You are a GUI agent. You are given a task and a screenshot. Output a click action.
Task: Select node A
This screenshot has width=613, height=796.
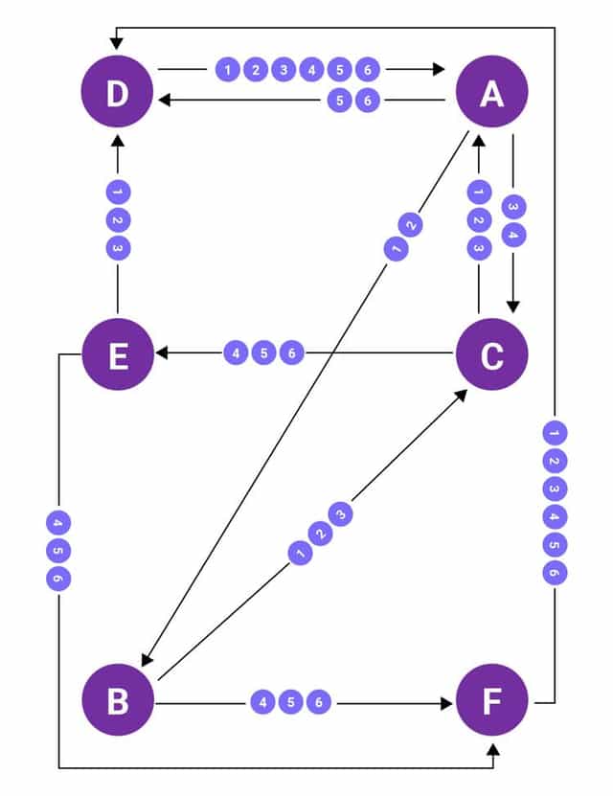[491, 93]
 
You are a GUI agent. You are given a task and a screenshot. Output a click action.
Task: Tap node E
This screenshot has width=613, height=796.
[117, 354]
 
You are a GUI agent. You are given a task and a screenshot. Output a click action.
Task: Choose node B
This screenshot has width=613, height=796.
[117, 701]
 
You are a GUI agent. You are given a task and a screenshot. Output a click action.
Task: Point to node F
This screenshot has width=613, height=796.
[491, 701]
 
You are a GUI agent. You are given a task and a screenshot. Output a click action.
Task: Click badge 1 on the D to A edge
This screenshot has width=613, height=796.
[228, 69]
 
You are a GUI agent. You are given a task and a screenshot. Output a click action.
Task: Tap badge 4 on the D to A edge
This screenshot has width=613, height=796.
[311, 69]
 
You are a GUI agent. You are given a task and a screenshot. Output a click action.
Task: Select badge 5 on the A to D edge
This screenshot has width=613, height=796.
[339, 99]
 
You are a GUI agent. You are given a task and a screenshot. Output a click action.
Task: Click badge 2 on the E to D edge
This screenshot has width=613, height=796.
[117, 219]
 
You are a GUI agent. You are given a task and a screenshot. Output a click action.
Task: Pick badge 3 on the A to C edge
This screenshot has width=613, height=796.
[513, 207]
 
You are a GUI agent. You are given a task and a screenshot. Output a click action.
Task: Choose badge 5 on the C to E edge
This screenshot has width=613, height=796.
[263, 353]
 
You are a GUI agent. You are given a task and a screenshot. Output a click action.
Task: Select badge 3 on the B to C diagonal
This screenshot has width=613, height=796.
[341, 514]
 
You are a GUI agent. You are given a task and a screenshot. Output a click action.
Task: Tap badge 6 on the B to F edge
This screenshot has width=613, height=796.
[319, 702]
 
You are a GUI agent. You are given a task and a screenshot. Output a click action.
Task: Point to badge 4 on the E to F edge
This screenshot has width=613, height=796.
[57, 523]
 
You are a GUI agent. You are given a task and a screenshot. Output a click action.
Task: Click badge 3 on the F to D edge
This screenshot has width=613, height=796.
[554, 489]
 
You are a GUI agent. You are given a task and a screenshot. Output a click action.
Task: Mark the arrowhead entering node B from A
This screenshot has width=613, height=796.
[147, 660]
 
